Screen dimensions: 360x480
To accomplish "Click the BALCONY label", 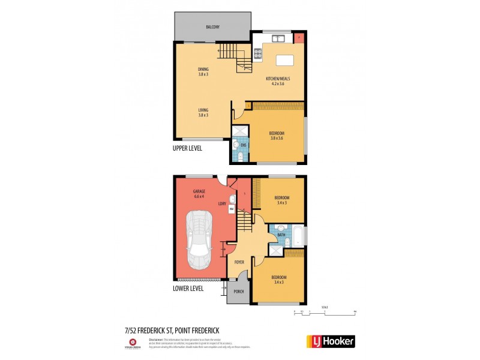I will [212, 28].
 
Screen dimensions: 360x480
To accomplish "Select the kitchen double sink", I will [279, 40].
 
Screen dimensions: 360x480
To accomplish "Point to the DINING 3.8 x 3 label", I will [203, 72].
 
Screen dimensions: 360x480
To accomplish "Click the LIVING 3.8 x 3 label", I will [203, 112].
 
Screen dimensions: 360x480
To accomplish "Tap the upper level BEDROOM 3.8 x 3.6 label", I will [276, 135].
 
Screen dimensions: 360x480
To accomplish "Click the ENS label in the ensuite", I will [243, 145].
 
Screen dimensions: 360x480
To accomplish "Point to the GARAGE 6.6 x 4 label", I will [199, 194].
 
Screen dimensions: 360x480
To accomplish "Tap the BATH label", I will [281, 235].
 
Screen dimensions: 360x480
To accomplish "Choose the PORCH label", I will [238, 293].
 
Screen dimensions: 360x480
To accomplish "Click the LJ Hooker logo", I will [331, 341].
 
